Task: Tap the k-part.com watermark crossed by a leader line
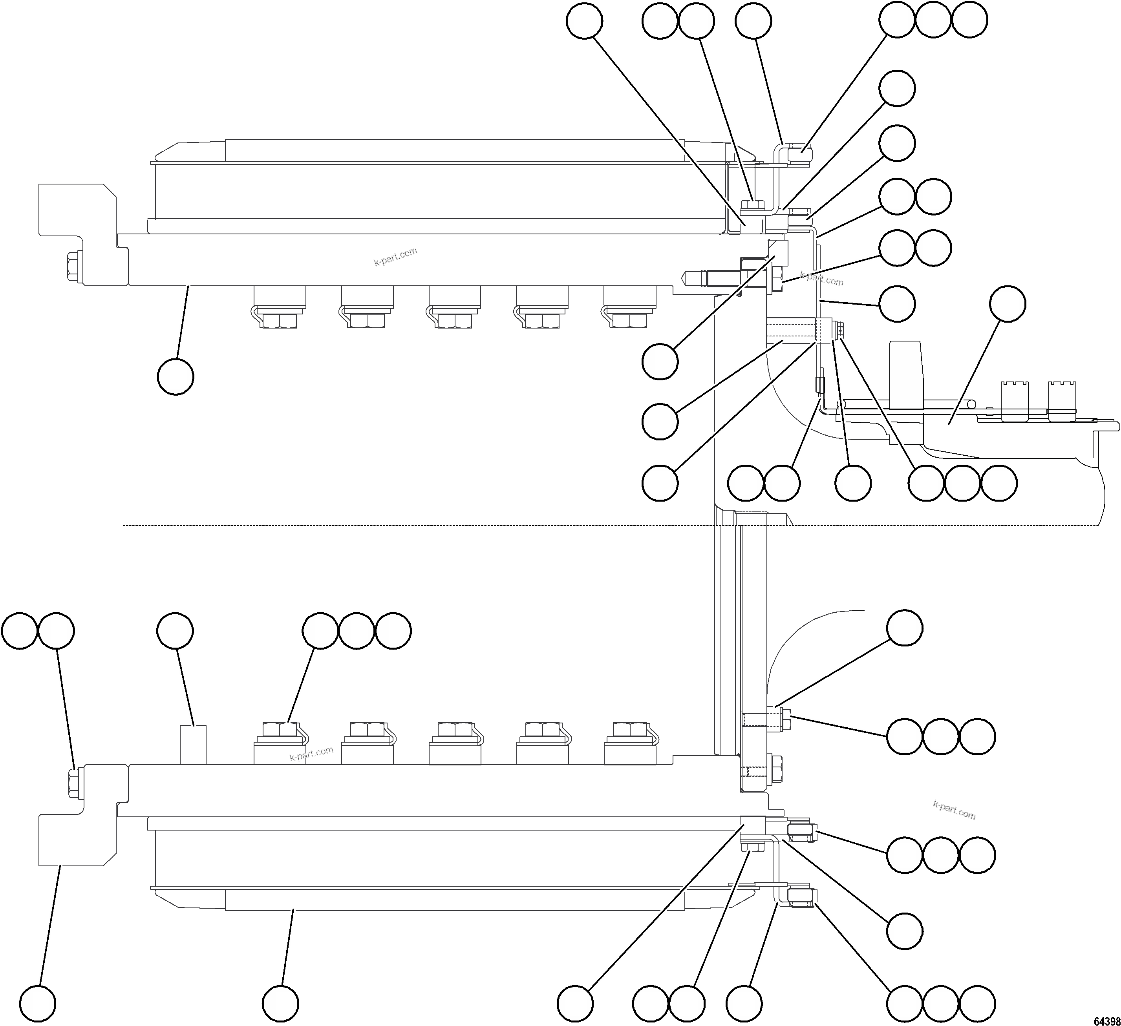point(822,278)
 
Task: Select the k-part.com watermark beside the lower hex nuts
point(311,754)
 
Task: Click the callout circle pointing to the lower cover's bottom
point(281,1004)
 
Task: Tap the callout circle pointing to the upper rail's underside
point(176,377)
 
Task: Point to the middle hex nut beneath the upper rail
point(454,321)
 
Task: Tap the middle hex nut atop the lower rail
point(454,729)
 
